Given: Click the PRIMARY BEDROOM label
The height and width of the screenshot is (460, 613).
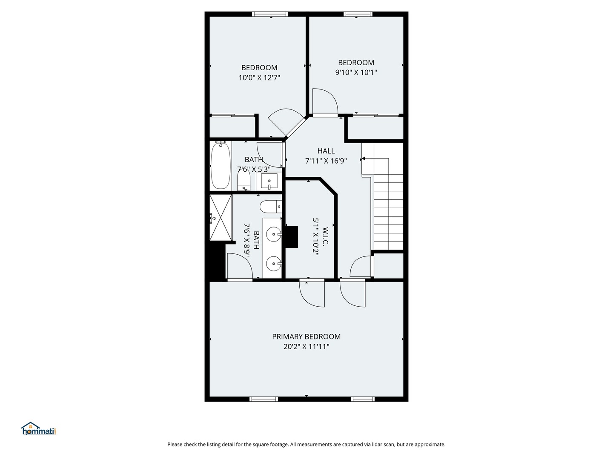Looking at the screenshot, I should (x=306, y=336).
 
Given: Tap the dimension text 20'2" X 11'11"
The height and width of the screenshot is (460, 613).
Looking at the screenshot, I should (x=306, y=347).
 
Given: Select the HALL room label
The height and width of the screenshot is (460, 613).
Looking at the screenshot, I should (x=326, y=151).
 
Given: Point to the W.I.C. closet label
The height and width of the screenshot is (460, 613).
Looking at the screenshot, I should (x=326, y=237).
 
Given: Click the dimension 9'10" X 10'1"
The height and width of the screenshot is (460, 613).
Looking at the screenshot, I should (x=356, y=72).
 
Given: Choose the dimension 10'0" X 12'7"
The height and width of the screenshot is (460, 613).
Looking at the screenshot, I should (x=259, y=78).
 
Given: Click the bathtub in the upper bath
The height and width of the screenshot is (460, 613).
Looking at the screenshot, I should (x=221, y=166).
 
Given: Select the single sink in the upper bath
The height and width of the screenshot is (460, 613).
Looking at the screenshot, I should (x=269, y=181).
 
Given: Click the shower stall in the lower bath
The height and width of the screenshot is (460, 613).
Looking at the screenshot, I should (x=221, y=218).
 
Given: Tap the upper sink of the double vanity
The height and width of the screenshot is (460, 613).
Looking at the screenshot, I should (x=273, y=234).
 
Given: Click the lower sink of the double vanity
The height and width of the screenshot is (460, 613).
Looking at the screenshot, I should (x=273, y=264).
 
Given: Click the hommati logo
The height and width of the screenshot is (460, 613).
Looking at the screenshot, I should (x=39, y=429).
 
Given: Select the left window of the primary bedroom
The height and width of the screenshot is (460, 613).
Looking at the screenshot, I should (x=264, y=399).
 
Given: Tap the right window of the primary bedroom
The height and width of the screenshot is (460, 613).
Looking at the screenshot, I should (x=363, y=399).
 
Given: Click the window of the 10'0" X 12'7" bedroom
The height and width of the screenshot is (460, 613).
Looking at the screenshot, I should (x=270, y=14).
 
